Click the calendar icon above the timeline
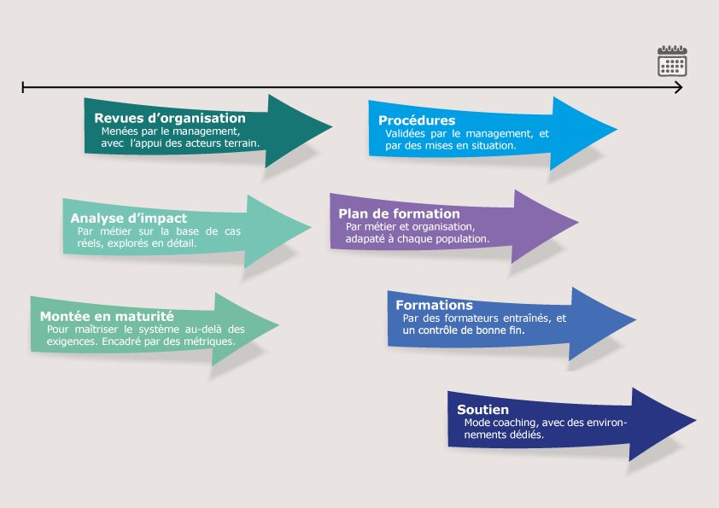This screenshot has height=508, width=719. (672, 61)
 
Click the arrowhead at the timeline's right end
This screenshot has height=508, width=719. (679, 87)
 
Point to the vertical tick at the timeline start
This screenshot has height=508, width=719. (23, 87)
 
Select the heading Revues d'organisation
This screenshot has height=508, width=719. (169, 119)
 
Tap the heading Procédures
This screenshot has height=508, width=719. (417, 120)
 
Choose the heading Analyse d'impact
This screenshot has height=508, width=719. (128, 219)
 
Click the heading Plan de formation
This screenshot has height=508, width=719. (399, 213)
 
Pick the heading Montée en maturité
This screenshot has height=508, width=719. (107, 316)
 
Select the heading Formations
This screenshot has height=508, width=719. (434, 305)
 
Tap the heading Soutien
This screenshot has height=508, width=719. (482, 410)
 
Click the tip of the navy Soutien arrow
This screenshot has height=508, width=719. (695, 421)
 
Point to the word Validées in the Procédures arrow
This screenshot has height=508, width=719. (406, 134)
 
